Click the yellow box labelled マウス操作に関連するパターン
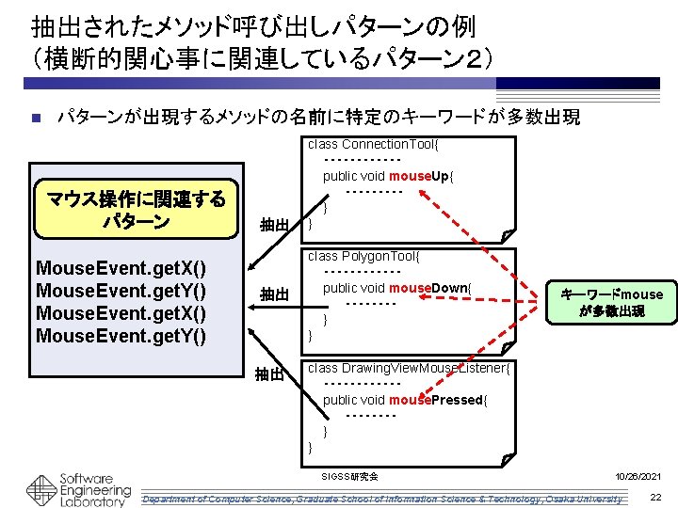coord(137,210)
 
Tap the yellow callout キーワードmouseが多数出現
coord(611,302)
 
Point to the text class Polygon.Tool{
coord(363,256)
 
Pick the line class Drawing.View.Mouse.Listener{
coord(409,368)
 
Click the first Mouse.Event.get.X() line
coord(121,268)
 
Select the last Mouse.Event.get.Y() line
coord(121,336)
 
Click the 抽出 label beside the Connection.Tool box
coord(274,225)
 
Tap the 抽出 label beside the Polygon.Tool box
coord(274,295)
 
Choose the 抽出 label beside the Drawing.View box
coord(272,374)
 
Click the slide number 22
coord(655,497)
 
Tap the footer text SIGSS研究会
coord(350,477)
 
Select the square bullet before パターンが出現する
coord(35,119)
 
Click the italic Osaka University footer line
coord(380,498)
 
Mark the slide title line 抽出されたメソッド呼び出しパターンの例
coord(240,26)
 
